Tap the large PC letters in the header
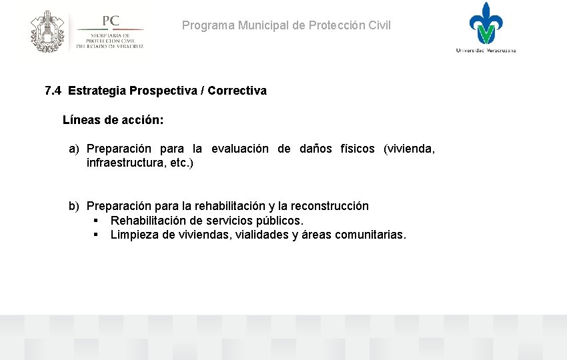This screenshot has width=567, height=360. [110, 21]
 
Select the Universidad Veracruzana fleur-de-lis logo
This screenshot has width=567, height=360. [486, 23]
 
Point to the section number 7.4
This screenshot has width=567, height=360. [53, 91]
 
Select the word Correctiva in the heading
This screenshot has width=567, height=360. [237, 91]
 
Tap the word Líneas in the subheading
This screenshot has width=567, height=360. [81, 120]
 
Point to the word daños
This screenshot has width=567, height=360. [316, 149]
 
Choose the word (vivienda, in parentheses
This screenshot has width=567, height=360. [409, 149]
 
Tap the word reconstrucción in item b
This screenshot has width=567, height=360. [330, 206]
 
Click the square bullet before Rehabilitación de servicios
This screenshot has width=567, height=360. [97, 221]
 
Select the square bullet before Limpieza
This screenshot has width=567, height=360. [97, 235]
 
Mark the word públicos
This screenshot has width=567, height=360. [280, 221]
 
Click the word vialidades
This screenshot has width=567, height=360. [262, 235]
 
